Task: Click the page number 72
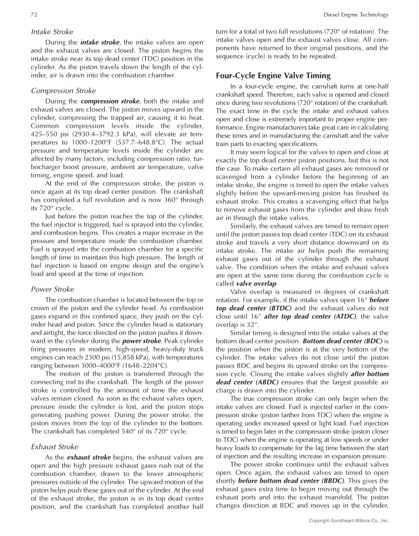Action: point(33,15)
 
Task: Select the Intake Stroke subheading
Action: point(52,32)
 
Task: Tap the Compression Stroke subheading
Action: point(63,91)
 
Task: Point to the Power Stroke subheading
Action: point(52,289)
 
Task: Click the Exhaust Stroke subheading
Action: point(54,447)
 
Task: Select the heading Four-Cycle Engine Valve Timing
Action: point(273,76)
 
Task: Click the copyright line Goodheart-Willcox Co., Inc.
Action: point(348,521)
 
